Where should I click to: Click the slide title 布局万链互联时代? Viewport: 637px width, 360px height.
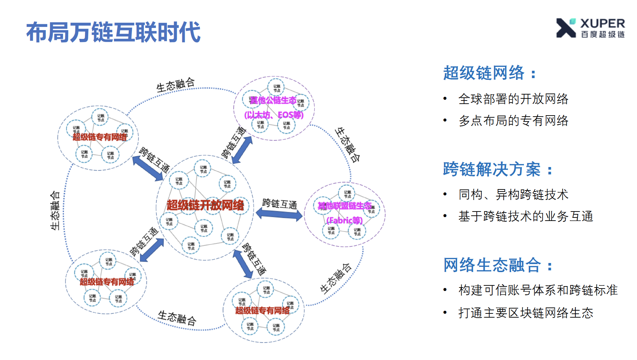113,32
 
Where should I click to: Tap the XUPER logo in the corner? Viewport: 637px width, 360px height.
590,28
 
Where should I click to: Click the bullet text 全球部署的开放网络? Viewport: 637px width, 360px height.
513,99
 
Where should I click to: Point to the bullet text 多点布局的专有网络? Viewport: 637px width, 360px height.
513,121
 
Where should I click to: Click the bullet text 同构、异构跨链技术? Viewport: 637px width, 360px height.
513,195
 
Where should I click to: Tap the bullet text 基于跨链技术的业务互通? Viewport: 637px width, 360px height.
525,216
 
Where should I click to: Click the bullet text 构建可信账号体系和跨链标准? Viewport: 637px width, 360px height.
538,290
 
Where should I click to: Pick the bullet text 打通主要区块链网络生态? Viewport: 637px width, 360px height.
525,313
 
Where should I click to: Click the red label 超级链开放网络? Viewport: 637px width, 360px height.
205,205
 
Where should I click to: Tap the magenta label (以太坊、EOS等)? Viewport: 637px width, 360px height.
274,115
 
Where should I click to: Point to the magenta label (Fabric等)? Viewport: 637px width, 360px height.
344,221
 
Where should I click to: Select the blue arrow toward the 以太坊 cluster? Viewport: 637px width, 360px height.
242,150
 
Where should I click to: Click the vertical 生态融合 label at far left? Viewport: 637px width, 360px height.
55,210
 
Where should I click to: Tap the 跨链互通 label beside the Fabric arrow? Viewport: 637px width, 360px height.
279,203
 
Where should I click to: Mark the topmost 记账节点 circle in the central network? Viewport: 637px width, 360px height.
203,169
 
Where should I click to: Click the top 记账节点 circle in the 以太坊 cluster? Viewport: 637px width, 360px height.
276,88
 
